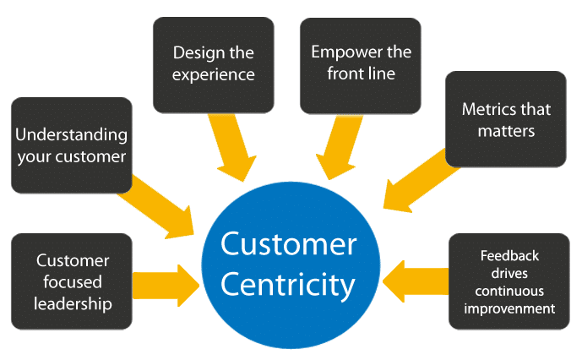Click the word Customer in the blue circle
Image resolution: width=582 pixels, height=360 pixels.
(x=288, y=246)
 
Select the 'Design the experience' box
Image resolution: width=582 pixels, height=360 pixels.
(x=213, y=64)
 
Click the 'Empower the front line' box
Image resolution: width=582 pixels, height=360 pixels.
(x=360, y=64)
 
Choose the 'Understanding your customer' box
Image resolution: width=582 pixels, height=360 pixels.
(x=71, y=145)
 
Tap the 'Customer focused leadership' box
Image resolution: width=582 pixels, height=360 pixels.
(x=71, y=281)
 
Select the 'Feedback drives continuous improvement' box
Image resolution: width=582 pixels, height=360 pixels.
(x=509, y=281)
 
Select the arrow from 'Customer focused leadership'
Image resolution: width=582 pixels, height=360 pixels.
(x=165, y=281)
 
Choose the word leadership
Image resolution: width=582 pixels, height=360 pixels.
(x=71, y=303)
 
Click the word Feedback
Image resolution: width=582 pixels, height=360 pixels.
(x=509, y=254)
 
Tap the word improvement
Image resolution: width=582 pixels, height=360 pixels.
(x=509, y=308)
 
